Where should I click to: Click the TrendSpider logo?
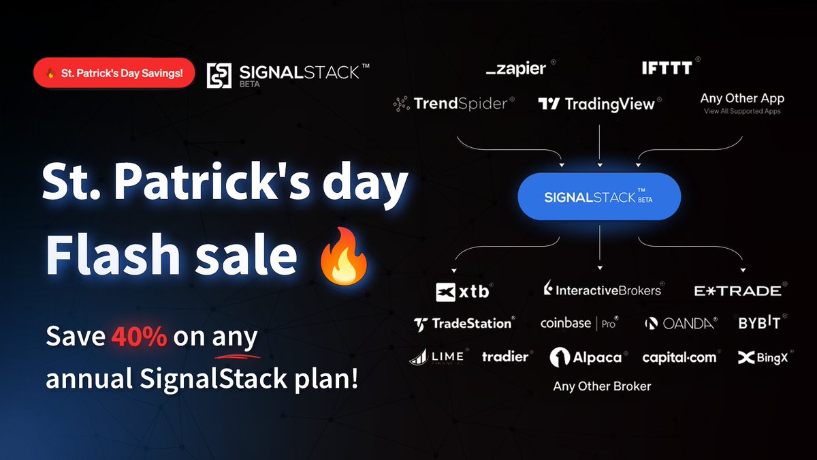tap(453, 104)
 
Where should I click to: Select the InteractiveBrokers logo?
tap(603, 290)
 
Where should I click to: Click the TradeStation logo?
tap(464, 324)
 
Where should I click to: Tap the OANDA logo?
tap(682, 324)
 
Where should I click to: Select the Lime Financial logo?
tap(437, 356)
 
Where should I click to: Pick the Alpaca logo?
tap(586, 357)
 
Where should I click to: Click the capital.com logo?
tap(679, 357)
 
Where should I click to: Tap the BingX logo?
tap(763, 357)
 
